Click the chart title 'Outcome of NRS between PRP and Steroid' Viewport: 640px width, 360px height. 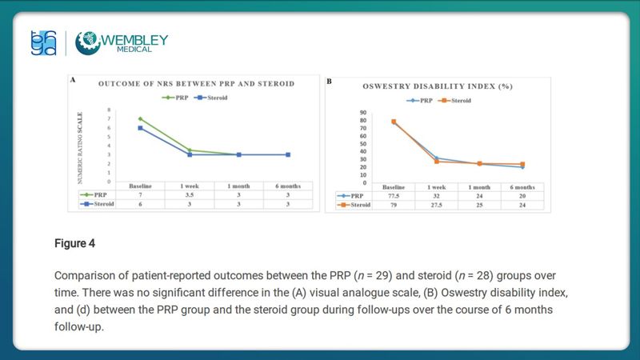(196, 83)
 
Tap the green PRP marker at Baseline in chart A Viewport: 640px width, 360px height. (141, 118)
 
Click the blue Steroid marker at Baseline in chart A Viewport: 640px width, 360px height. (141, 128)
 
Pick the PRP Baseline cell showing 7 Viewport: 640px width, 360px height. (141, 194)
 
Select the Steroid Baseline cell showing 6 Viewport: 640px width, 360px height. (141, 204)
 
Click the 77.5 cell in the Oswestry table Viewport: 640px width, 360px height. (394, 195)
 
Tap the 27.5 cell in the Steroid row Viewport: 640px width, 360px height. (438, 205)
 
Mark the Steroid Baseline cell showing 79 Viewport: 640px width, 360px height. (394, 205)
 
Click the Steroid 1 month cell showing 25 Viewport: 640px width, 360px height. (480, 205)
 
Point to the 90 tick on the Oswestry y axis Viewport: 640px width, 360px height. (362, 113)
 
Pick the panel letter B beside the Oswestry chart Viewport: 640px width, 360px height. (329, 81)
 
